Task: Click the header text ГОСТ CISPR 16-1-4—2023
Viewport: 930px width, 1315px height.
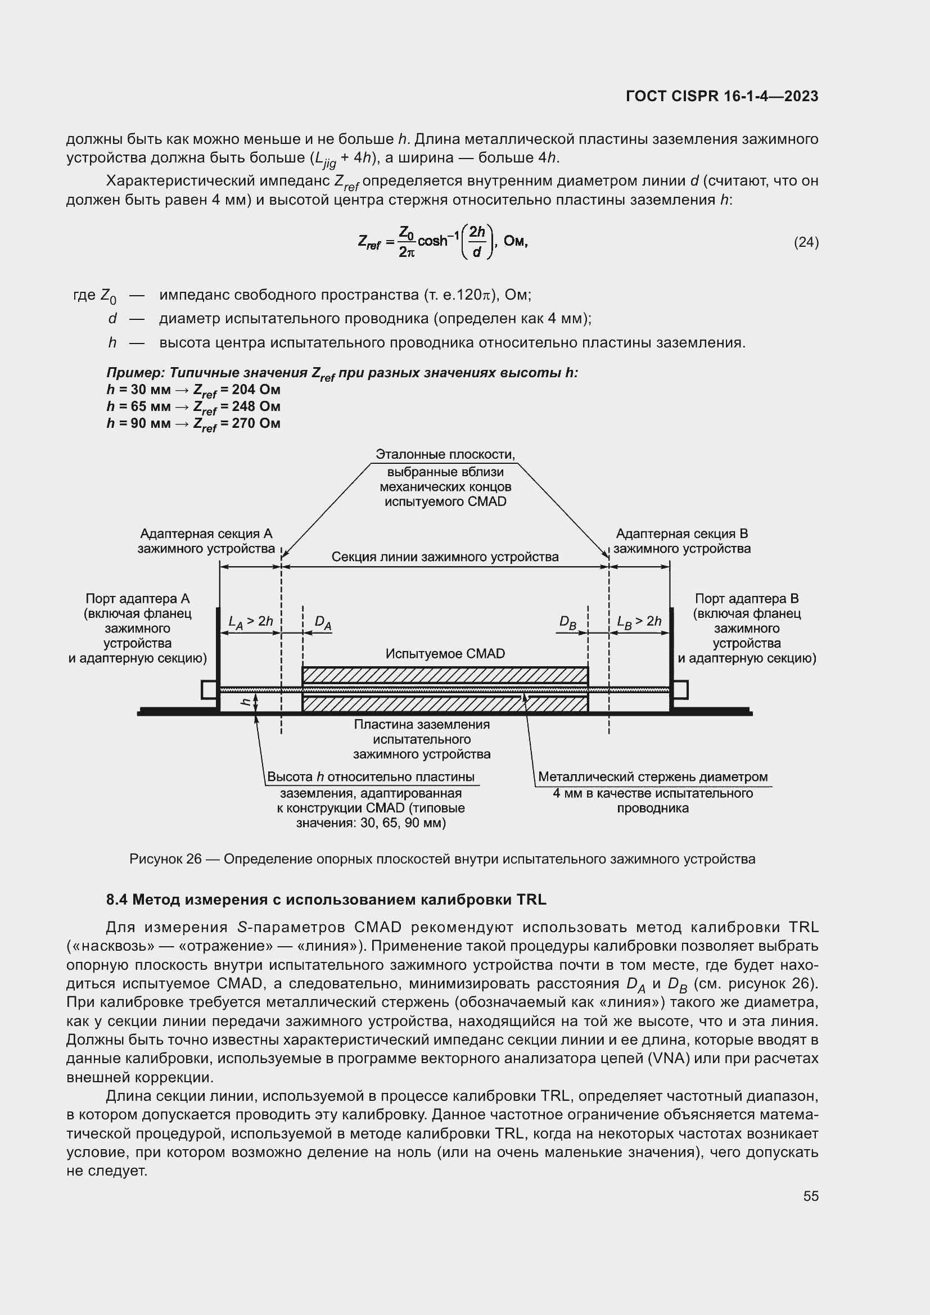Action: click(721, 96)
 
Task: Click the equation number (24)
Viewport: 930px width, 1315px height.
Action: click(806, 242)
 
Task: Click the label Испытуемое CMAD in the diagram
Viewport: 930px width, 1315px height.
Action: click(445, 653)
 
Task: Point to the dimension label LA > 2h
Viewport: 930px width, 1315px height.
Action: click(250, 621)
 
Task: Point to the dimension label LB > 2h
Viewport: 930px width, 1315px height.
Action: click(639, 621)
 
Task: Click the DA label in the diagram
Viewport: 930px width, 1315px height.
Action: click(323, 622)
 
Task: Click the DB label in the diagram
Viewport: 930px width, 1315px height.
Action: click(567, 622)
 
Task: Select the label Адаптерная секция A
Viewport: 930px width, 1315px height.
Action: click(206, 534)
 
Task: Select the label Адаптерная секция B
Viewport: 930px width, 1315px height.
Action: click(681, 534)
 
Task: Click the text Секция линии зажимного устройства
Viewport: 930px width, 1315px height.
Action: click(445, 557)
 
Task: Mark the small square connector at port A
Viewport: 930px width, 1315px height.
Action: click(209, 690)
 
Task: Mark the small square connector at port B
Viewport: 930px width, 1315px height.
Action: click(680, 690)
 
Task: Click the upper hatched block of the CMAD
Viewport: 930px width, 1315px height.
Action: click(445, 675)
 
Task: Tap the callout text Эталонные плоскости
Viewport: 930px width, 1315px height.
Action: click(445, 455)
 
